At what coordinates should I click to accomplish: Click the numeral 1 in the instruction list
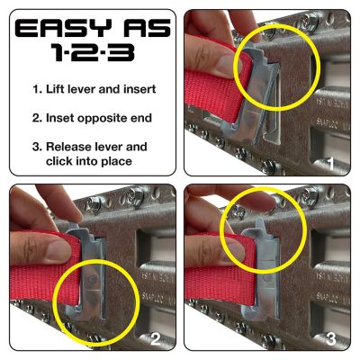pyautogui.click(x=35, y=90)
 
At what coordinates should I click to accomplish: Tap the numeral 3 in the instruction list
pyautogui.click(x=35, y=146)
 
